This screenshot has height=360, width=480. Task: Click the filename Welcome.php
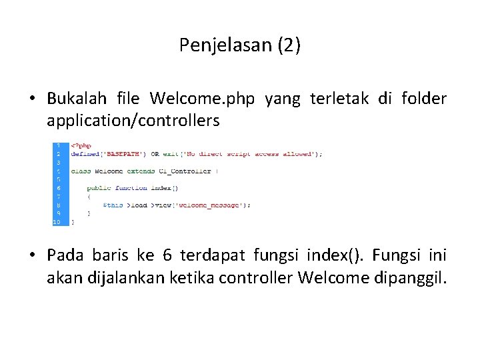(x=203, y=99)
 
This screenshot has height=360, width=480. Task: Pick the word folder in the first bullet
(x=424, y=99)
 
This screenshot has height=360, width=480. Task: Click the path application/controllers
(x=133, y=121)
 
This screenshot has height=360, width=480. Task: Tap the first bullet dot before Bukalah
(x=32, y=99)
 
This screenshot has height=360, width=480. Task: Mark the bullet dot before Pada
(x=32, y=256)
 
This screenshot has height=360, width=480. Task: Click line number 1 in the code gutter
(x=59, y=145)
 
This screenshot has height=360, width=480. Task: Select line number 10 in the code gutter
(x=57, y=221)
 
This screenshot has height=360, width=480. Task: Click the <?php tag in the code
(x=81, y=145)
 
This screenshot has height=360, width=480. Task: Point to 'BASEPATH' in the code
(x=124, y=154)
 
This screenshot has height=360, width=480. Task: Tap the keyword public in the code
(x=99, y=188)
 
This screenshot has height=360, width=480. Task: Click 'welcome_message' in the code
(x=216, y=205)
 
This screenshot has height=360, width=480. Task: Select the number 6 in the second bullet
(x=167, y=256)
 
